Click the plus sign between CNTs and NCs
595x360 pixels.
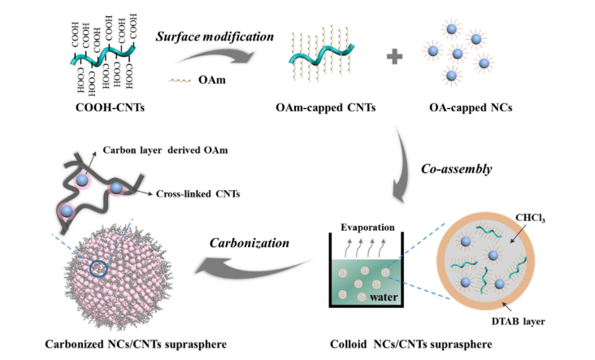(x=394, y=59)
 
